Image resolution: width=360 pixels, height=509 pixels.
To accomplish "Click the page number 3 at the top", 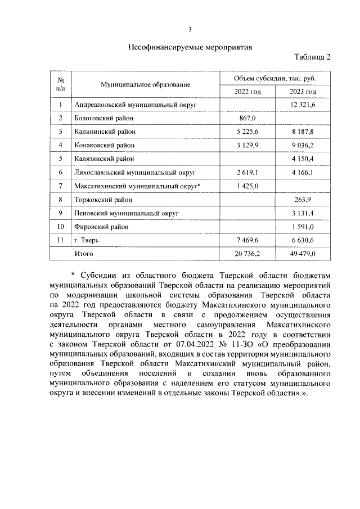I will pos(190,29).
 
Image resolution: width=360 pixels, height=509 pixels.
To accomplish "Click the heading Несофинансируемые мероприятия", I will pos(190,47).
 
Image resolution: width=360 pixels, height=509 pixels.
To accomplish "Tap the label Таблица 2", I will pos(312,58).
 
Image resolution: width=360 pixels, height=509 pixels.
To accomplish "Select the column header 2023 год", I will pos(303,92).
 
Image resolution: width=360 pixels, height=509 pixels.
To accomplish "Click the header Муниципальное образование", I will pos(145,84).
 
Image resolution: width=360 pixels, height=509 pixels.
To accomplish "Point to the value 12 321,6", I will pos(303,105).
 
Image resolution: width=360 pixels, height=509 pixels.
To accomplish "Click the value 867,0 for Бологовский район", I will pos(247,119).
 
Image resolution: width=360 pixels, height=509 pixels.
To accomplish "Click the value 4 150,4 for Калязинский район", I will pos(303,159).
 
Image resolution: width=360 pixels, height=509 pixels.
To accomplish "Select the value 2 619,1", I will pos(247,173).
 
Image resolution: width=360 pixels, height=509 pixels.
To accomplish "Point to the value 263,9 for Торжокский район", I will pos(303,200).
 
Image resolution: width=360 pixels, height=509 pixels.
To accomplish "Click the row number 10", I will pos(60,227).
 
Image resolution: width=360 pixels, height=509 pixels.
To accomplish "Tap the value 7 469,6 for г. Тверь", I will pos(247,241).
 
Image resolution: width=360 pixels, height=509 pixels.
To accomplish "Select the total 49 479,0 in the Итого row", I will pos(303,254).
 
